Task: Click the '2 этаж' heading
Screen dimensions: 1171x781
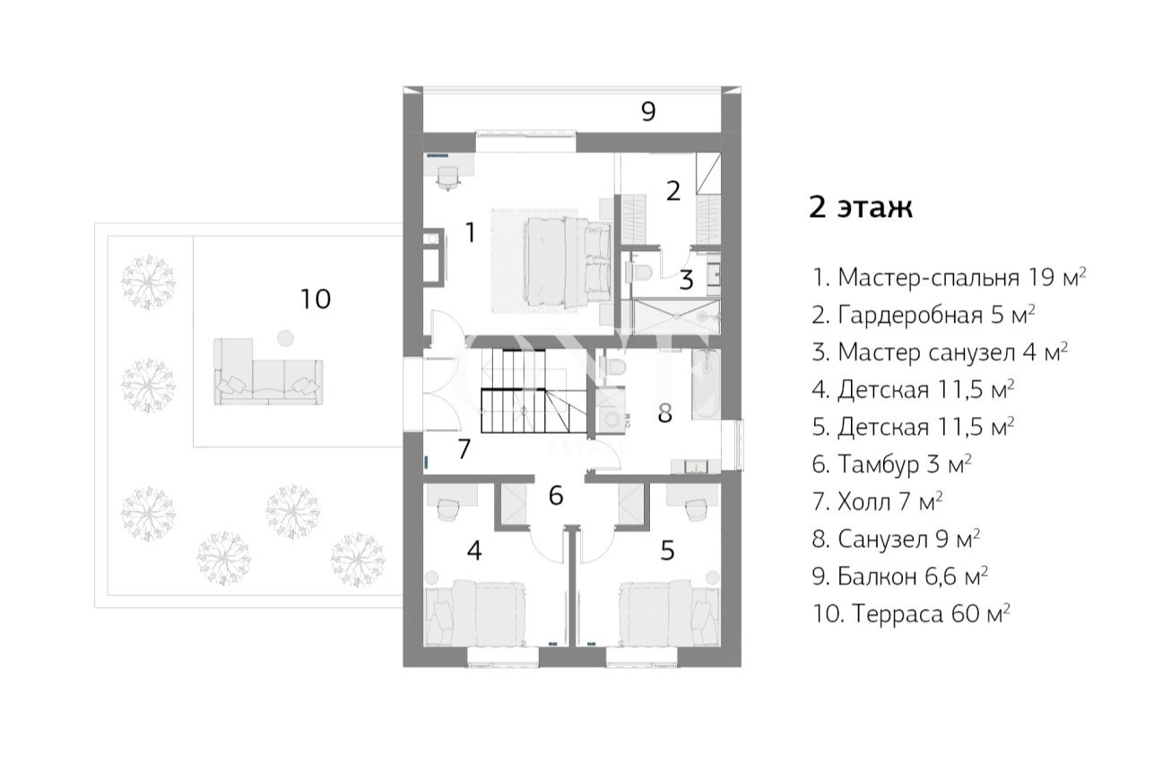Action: pos(861,207)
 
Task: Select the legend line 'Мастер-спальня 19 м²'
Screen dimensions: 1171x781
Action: pos(949,277)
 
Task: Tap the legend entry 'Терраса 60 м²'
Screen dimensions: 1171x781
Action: pos(911,613)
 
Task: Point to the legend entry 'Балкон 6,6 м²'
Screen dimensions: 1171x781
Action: pos(899,576)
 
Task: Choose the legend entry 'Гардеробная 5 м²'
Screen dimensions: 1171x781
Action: pos(924,315)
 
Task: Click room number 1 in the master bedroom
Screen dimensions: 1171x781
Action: pos(471,232)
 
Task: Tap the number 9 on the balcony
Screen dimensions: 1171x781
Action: pos(648,111)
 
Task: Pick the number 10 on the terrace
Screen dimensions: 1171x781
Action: pos(316,299)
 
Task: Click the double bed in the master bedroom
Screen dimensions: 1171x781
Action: pos(568,262)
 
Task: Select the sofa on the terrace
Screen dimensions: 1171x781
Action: pos(268,371)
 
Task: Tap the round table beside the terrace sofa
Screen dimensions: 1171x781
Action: pos(285,338)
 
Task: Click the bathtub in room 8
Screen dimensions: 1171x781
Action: pos(706,385)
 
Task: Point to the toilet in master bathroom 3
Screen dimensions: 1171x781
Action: pos(638,272)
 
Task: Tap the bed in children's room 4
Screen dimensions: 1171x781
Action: pos(476,612)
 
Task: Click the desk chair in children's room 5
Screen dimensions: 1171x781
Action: pos(695,509)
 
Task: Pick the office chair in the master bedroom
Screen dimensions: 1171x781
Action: pos(448,178)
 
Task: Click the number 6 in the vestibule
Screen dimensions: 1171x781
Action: pos(556,495)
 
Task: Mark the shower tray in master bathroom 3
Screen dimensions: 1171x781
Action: pos(676,317)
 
